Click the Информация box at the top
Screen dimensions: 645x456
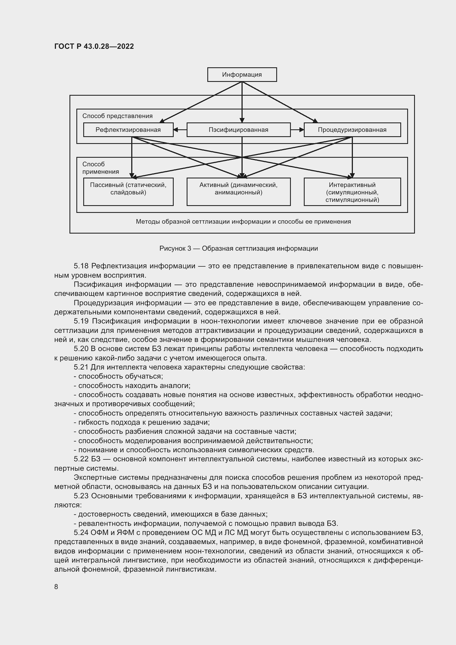[242, 75]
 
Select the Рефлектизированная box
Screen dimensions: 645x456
[128, 130]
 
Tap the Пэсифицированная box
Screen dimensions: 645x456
[238, 130]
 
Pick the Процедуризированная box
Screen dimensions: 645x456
[352, 130]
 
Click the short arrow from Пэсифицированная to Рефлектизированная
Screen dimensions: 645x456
[180, 130]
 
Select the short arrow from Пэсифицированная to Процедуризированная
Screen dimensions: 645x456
[297, 130]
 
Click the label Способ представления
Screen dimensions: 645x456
[117, 116]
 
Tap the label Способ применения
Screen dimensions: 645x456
[100, 168]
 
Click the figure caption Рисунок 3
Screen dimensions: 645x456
[238, 249]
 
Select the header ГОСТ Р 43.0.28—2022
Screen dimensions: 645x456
[94, 46]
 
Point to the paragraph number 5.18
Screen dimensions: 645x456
[81, 266]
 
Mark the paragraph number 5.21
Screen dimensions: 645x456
[81, 367]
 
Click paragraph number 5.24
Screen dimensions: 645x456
[81, 533]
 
